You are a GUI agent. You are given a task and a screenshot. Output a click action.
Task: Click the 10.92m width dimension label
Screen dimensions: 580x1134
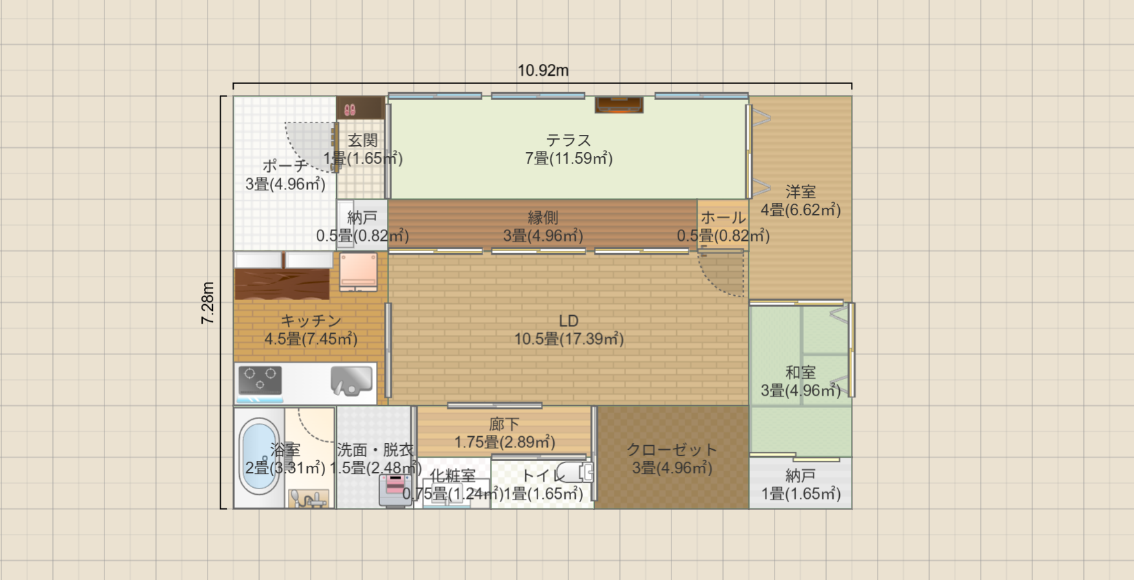tap(543, 70)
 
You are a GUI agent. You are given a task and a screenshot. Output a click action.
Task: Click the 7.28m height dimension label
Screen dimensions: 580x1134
tap(208, 303)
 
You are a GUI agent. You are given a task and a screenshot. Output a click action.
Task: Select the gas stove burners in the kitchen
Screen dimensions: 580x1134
tap(260, 380)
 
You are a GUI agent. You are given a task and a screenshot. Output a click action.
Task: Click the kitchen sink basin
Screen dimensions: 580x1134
tap(351, 380)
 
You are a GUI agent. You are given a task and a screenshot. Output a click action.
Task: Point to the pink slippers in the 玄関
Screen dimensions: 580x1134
tap(350, 109)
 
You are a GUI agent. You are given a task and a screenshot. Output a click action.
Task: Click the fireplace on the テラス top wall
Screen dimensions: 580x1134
tap(619, 105)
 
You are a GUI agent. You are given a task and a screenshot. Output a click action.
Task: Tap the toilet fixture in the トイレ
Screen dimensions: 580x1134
tap(576, 473)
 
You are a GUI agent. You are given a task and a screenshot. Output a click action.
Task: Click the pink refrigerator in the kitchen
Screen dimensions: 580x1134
tap(358, 270)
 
